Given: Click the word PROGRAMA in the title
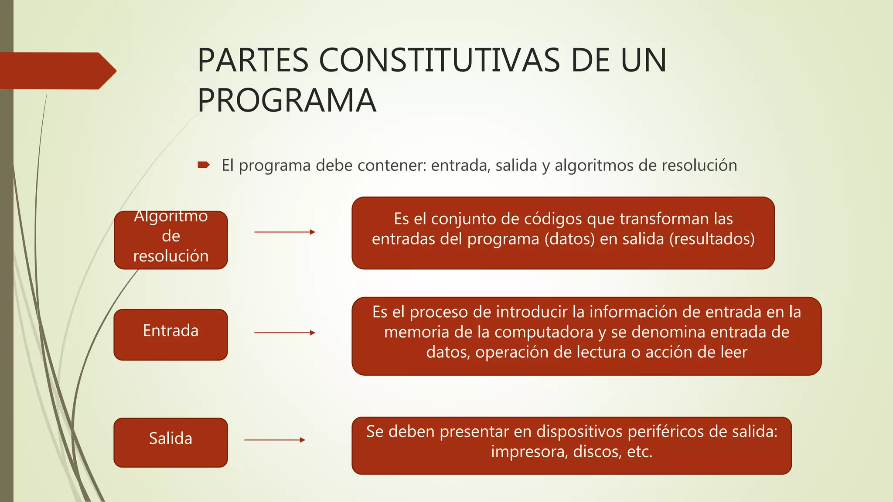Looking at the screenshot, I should point(286,101).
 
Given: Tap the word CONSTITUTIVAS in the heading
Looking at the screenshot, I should point(440,60).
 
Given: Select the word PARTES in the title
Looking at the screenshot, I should point(253,60).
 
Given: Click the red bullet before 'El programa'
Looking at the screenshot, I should point(204,165).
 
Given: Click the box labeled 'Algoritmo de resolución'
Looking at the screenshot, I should point(171,240).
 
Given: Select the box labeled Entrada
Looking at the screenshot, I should point(171,334).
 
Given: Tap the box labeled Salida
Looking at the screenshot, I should point(171,442).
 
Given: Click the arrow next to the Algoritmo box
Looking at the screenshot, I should point(284,232).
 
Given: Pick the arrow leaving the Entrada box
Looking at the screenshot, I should point(284,333).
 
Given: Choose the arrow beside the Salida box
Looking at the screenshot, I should point(275,440).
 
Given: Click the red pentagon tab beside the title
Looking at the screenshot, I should point(57,71).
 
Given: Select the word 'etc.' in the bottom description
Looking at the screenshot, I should point(640,452).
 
